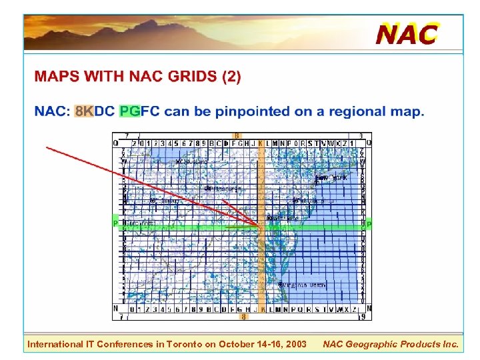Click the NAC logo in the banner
pyautogui.click(x=407, y=33)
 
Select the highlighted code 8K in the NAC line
pyautogui.click(x=84, y=111)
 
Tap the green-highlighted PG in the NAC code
pyautogui.click(x=129, y=111)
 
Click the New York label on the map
pyautogui.click(x=331, y=179)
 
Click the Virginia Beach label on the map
pyautogui.click(x=304, y=285)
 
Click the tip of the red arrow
pyautogui.click(x=260, y=226)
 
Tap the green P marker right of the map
pyautogui.click(x=369, y=224)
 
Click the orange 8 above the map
pyautogui.click(x=237, y=136)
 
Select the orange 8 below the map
pyautogui.click(x=243, y=317)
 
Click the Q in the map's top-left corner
pyautogui.click(x=115, y=143)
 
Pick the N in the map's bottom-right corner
pyautogui.click(x=369, y=309)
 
